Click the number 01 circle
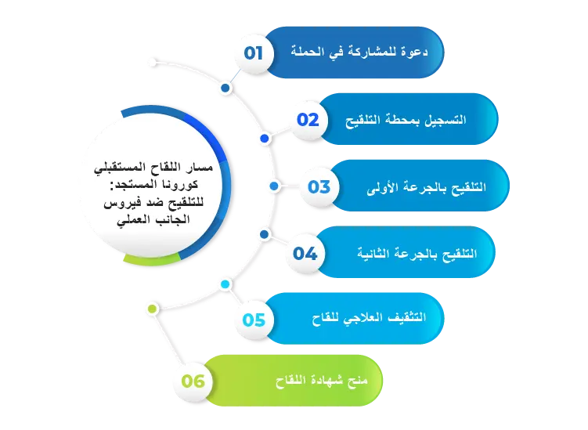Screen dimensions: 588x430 pyautogui.click(x=254, y=53)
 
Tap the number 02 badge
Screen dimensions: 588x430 pyautogui.click(x=308, y=120)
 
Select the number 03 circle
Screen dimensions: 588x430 pyautogui.click(x=319, y=186)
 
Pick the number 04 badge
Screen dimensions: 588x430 pyautogui.click(x=305, y=253)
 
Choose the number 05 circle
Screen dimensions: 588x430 pyautogui.click(x=254, y=320)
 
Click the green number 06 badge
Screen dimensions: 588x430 pyautogui.click(x=193, y=381)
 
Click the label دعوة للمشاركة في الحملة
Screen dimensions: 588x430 pyautogui.click(x=359, y=52)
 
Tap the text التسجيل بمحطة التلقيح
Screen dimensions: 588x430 pyautogui.click(x=406, y=121)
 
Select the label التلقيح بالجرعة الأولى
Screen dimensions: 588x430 pyautogui.click(x=427, y=187)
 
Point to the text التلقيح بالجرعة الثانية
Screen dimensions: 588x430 pyautogui.click(x=417, y=254)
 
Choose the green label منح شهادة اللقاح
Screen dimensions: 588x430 pyautogui.click(x=321, y=381)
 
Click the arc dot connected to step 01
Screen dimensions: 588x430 pyautogui.click(x=225, y=89)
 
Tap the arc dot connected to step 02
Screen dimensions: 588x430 pyautogui.click(x=265, y=139)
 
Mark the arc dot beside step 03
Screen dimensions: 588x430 pyautogui.click(x=274, y=186)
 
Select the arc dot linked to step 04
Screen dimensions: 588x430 pyautogui.click(x=265, y=234)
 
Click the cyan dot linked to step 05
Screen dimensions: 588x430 pyautogui.click(x=225, y=284)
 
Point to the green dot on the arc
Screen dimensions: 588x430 pyautogui.click(x=152, y=309)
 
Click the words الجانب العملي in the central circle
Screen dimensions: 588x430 pyautogui.click(x=153, y=220)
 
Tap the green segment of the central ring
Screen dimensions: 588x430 pyautogui.click(x=152, y=261)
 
